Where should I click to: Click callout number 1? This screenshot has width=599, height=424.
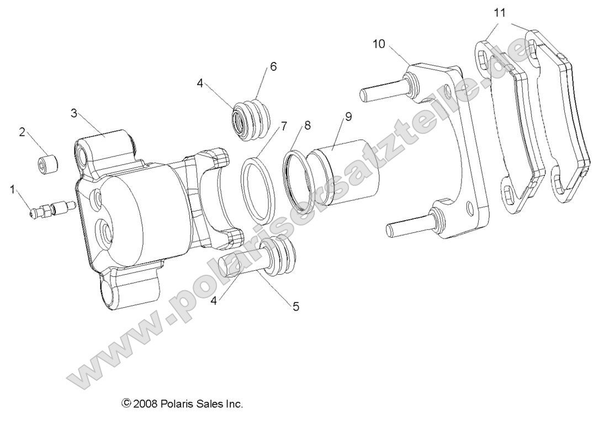coord(12,190)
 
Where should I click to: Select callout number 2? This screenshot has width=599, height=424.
coord(23,132)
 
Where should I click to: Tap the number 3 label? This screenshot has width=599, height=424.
coord(73,113)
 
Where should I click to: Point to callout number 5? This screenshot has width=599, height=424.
coord(296,306)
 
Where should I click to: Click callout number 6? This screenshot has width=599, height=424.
coord(273,66)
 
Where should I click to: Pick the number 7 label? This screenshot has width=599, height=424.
coord(284,126)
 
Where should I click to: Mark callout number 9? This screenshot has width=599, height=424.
coord(348,117)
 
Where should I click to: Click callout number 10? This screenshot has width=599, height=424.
coord(379,44)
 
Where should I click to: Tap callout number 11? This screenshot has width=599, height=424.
coord(500,13)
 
